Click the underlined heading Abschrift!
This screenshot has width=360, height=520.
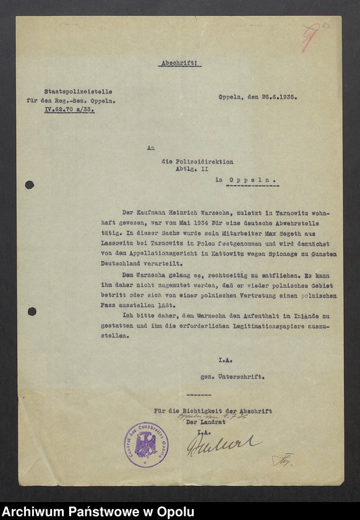click(181, 63)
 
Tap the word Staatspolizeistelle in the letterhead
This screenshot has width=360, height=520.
click(78, 91)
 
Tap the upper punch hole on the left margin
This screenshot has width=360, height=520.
click(30, 184)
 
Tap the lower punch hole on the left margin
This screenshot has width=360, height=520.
click(32, 311)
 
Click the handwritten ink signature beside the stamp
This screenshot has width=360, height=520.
click(223, 443)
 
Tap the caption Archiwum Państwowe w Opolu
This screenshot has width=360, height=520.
click(98, 511)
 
